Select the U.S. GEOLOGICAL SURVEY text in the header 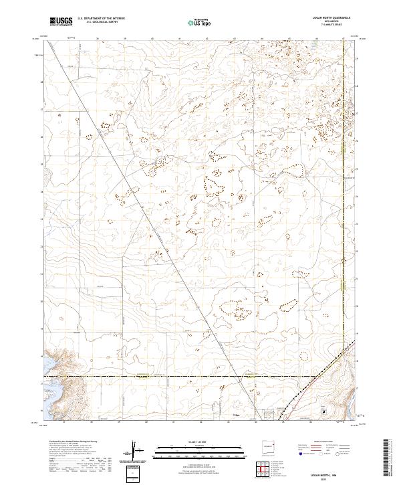[x=98, y=23]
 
